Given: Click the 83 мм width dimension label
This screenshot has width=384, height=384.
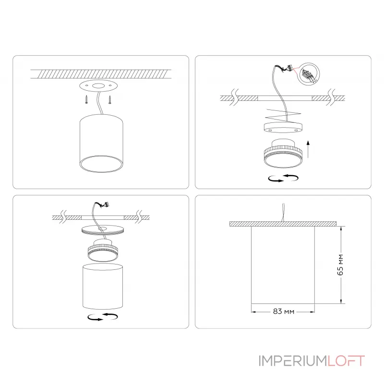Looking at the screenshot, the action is pos(284,311).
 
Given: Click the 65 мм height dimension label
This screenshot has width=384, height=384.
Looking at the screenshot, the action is pos(340,265).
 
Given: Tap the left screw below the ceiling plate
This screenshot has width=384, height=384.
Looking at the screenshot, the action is pos(86,99).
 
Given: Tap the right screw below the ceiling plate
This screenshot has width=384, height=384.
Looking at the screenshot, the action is pos(110,99).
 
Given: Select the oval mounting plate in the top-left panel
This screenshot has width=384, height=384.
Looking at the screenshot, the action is pos(98,86).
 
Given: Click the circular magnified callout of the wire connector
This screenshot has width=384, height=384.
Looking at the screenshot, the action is pos(310,74).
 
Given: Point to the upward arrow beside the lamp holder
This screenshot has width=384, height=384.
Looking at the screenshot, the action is pos(308,149).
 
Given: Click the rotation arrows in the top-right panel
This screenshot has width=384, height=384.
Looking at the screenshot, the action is pos(283,178).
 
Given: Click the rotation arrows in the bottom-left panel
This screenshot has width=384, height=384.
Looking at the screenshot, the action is pos(103,317).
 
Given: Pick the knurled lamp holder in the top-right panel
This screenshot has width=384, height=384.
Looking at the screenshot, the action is pos(283,154).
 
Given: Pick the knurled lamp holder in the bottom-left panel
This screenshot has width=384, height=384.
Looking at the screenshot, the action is pos(103,250).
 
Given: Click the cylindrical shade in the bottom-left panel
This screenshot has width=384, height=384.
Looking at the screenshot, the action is pos(103,287).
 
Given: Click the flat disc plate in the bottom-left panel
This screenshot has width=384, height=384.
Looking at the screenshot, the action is pos(103,230).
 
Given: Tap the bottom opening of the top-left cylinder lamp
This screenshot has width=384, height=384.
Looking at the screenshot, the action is pos(101,164).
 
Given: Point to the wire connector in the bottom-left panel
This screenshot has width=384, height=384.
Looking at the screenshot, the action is pos(105,204).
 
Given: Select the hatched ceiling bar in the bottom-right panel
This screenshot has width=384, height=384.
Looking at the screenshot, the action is pos(283,224).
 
